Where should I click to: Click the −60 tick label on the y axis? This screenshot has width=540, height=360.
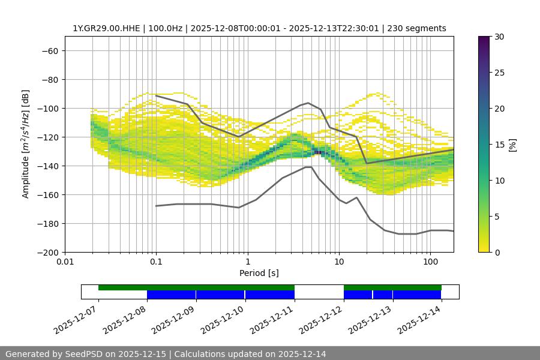pos(49,51)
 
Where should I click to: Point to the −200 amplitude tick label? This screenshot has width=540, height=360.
pos(47,253)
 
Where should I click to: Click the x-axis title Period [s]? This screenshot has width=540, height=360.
pos(259,273)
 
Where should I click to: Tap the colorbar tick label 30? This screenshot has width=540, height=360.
pos(499,37)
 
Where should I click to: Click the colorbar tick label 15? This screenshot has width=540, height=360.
pos(499,145)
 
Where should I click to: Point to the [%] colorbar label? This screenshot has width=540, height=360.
pos(512,145)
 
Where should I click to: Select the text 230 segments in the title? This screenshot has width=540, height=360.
pos(418,28)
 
